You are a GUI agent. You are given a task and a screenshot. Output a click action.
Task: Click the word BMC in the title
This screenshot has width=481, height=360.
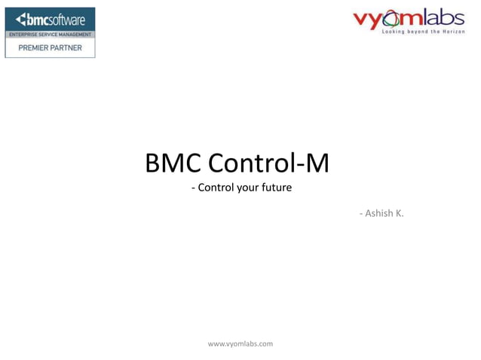point(173,163)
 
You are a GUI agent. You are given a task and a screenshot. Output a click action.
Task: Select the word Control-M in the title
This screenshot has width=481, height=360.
point(268,163)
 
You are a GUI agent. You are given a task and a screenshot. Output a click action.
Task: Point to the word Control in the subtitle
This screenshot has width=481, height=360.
point(216,188)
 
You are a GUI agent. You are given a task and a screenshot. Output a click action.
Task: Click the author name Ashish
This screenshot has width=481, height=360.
point(378,214)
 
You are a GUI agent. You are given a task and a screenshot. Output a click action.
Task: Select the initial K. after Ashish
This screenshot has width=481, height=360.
point(400,214)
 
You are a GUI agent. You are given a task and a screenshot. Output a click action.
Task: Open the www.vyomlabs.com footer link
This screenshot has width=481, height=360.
point(240,343)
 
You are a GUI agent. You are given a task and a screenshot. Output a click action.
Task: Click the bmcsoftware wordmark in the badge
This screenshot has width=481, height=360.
point(57,20)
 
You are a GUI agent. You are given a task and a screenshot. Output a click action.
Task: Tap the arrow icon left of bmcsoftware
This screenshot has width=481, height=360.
point(21,19)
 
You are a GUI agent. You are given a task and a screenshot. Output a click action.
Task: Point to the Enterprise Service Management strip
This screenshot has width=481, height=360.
point(50,35)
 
